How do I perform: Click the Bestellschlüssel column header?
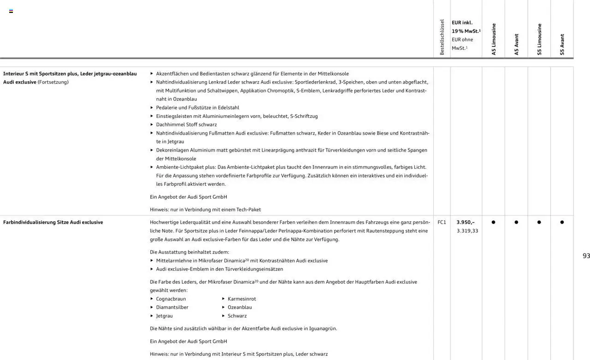pos(442,37)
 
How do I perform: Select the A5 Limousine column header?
pos(494,39)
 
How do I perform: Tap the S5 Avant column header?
pos(562,44)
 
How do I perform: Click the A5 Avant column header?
pos(516,44)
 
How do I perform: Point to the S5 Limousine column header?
pos(539,39)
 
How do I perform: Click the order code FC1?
pos(442,222)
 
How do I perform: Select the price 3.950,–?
pos(465,222)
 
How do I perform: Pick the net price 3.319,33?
pos(467,231)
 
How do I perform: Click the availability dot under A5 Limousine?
pos(493,222)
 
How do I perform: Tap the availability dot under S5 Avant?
pos(562,222)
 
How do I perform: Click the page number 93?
pos(586,256)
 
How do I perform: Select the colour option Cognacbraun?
pos(171,299)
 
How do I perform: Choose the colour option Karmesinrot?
pos(242,299)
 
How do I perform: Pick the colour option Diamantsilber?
pos(172,307)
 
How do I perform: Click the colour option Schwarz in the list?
pos(237,316)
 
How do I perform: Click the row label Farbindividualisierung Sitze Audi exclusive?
pos(53,222)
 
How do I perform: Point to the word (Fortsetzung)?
pos(53,82)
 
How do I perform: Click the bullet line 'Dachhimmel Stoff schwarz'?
pos(186,124)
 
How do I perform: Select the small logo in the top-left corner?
pos(11,11)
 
